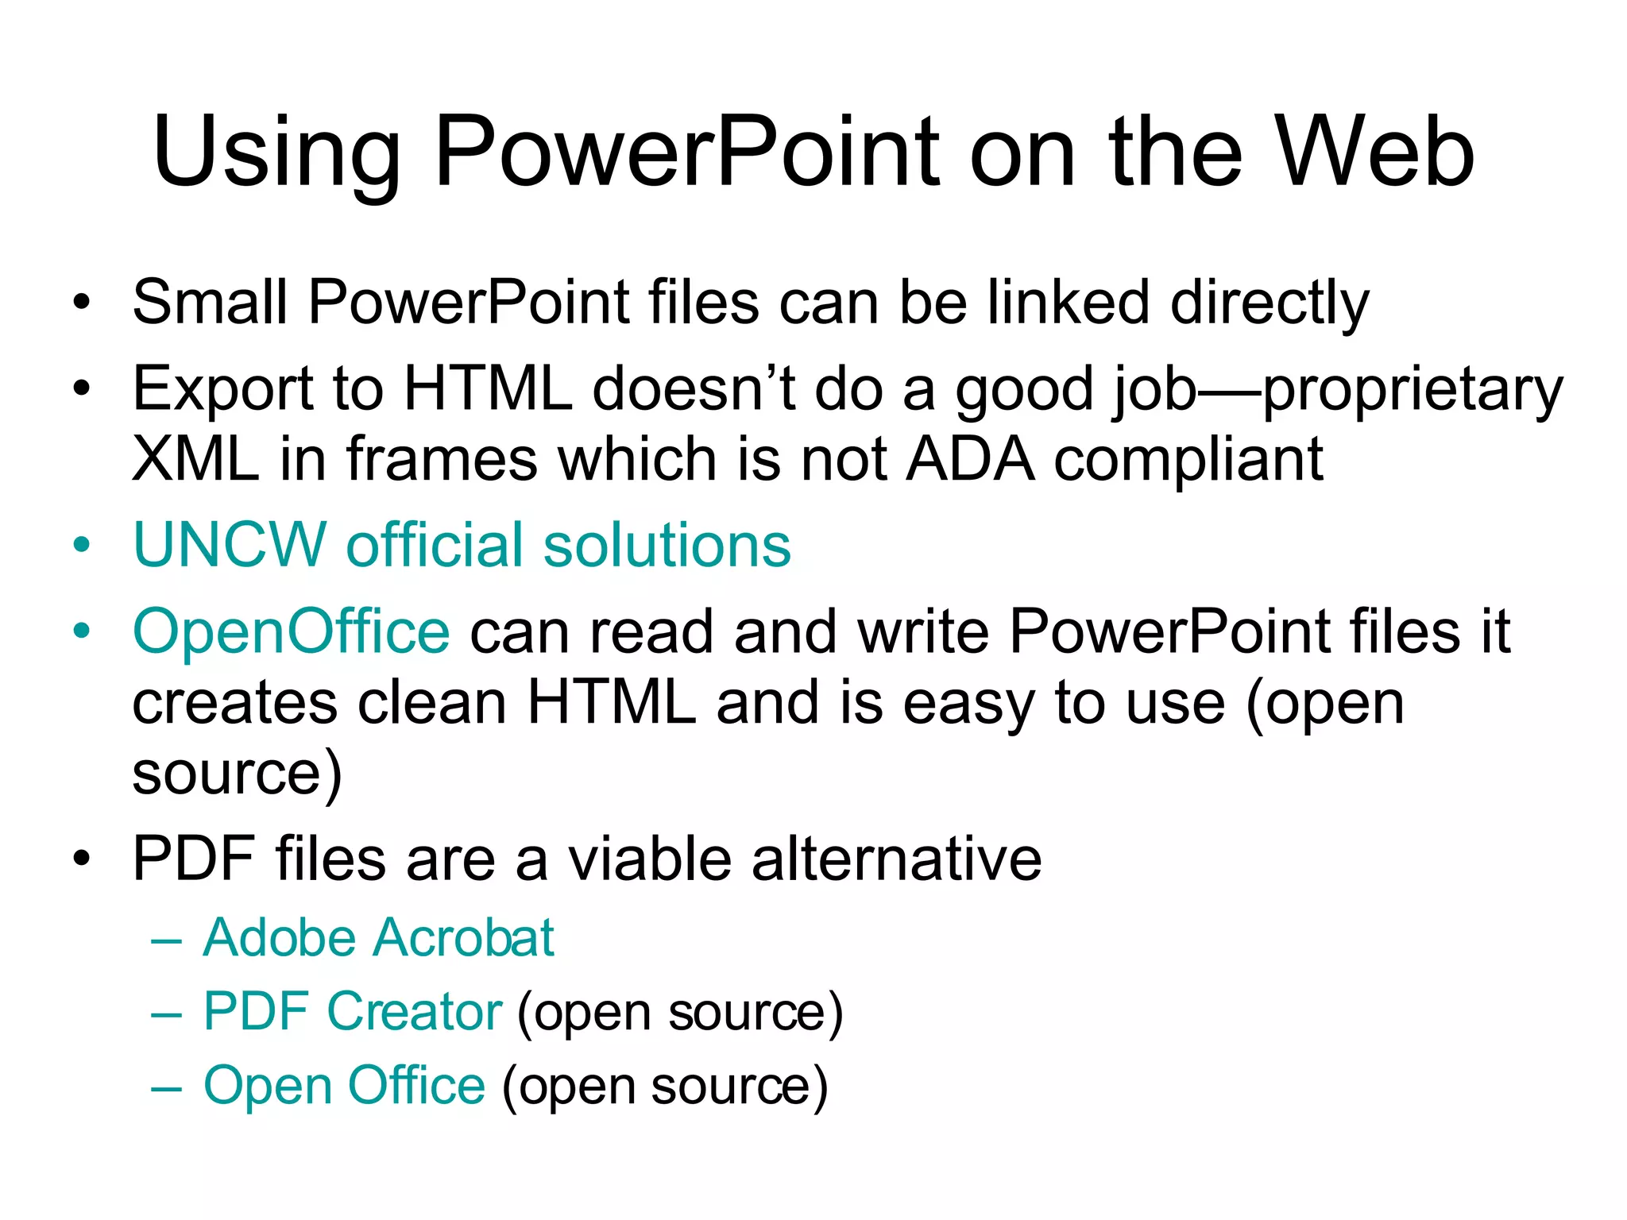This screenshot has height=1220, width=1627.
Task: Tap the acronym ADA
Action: point(970,459)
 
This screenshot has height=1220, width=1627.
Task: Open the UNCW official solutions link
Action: point(462,546)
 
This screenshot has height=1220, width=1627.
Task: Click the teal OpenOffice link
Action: point(292,631)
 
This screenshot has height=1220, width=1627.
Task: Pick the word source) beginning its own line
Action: point(237,774)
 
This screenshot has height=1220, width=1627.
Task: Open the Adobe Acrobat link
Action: point(378,938)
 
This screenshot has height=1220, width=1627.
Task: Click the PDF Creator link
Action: point(352,1012)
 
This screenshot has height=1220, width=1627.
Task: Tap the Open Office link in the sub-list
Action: point(344,1086)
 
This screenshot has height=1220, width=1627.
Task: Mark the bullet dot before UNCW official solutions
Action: point(81,546)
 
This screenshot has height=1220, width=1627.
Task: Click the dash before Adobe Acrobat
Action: point(166,940)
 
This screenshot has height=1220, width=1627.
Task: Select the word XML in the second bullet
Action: point(195,459)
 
